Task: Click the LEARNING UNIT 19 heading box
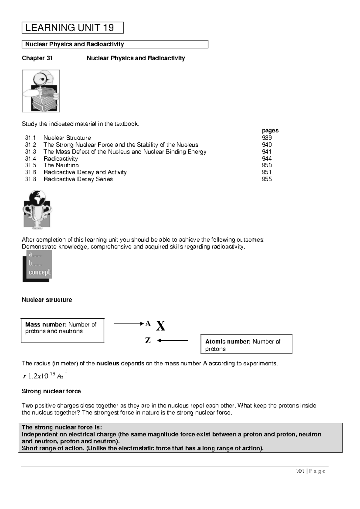tap(72, 28)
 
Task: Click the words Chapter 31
tap(37, 58)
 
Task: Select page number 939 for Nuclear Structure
tap(267, 138)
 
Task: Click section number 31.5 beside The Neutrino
tap(30, 165)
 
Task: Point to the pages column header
tap(270, 130)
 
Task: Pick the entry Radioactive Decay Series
tap(78, 179)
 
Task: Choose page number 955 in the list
tap(267, 179)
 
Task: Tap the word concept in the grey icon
tap(39, 272)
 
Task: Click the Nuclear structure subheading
tap(47, 300)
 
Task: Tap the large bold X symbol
tap(161, 326)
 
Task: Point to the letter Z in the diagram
tap(148, 341)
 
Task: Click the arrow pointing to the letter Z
tap(172, 341)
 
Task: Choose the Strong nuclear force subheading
tap(51, 391)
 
